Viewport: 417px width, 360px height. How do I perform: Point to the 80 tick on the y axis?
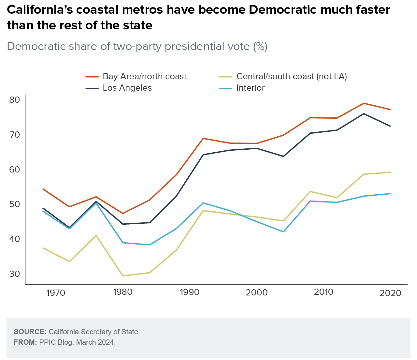coord(15,100)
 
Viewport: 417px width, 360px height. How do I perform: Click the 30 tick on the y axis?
coord(15,274)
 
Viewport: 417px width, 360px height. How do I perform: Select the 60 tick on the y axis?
coord(15,170)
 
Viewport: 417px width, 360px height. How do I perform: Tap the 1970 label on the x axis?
coord(56,293)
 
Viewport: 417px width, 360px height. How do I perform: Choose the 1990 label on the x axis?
coord(190,292)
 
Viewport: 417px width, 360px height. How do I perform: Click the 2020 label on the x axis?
coord(390,293)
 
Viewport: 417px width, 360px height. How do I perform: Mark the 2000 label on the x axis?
coord(257,292)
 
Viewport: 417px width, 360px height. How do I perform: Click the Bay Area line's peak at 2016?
coord(364,103)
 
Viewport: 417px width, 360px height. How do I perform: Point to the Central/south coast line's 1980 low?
coord(123,276)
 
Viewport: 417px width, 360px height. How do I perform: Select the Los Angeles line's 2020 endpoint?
coord(390,126)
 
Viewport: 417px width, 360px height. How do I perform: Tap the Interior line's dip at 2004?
coord(283,232)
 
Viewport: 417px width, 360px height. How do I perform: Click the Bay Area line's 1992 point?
coord(203,138)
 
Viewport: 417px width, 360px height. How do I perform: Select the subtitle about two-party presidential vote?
coord(137,47)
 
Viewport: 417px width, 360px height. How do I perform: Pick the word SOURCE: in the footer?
coord(30,332)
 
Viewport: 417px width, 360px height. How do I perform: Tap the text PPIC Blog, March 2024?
coord(77,342)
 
